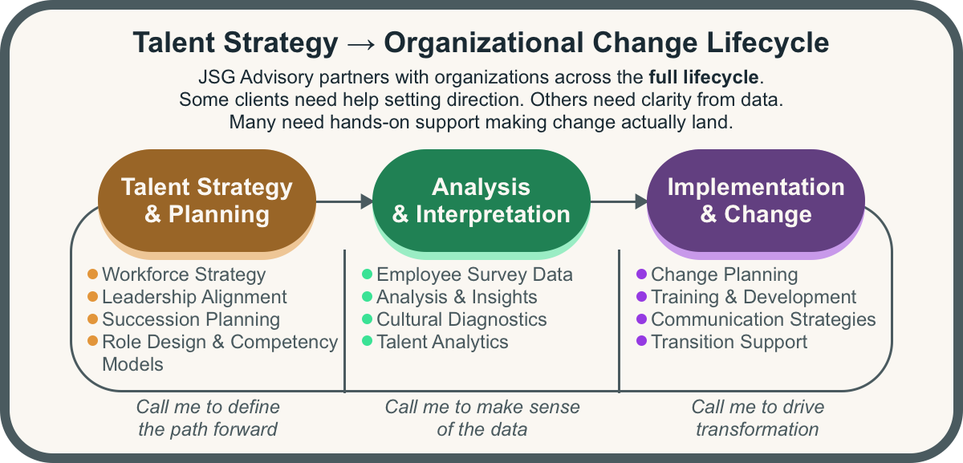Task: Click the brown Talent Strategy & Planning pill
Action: (206, 201)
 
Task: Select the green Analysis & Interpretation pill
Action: (481, 201)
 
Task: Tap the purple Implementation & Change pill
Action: (756, 201)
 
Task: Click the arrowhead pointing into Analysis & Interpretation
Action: (367, 201)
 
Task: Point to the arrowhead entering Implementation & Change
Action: (641, 201)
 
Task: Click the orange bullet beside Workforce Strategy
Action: (92, 274)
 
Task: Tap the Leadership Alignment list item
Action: (194, 297)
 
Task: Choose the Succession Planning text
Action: (191, 319)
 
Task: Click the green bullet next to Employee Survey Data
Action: (368, 274)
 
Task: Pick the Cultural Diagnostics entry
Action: (461, 319)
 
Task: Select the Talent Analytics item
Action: (442, 342)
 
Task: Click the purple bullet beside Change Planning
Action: (641, 274)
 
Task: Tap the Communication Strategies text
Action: (763, 319)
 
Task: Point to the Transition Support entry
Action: (729, 342)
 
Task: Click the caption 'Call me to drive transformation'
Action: (757, 417)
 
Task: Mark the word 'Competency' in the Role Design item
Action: (284, 342)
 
